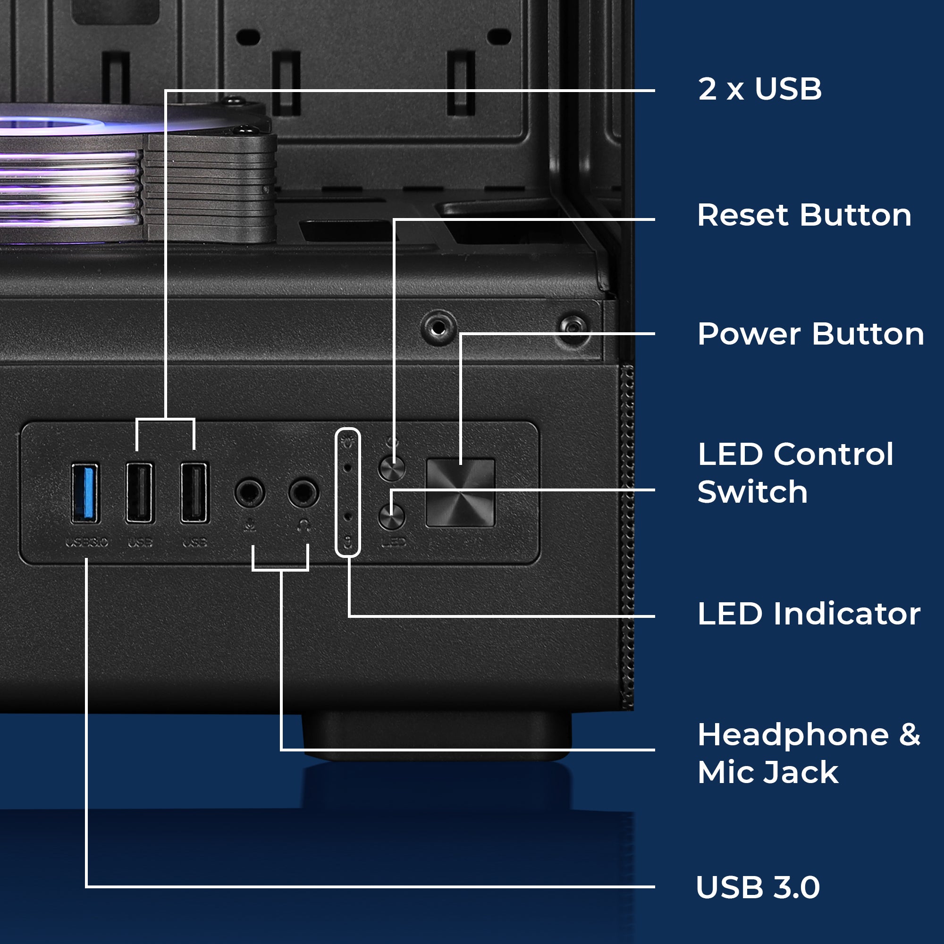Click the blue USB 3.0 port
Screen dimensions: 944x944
click(x=85, y=494)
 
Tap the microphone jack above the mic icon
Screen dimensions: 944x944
click(x=250, y=492)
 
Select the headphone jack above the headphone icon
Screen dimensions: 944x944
click(x=303, y=492)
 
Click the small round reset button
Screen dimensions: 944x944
click(x=392, y=469)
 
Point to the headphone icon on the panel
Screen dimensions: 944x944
click(x=304, y=526)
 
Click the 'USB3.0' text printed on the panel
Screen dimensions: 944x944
click(x=86, y=542)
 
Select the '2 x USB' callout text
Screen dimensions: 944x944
click(x=760, y=89)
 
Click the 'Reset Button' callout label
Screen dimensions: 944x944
click(x=804, y=216)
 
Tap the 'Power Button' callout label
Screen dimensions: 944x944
click(x=810, y=335)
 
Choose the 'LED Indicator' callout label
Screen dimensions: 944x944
click(x=809, y=614)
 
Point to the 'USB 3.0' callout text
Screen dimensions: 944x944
click(x=758, y=887)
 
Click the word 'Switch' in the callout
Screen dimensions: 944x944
click(x=752, y=492)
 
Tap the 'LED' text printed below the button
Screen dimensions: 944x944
click(x=394, y=542)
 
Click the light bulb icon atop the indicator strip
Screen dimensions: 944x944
click(x=348, y=442)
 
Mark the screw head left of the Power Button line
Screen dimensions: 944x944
click(x=438, y=328)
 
